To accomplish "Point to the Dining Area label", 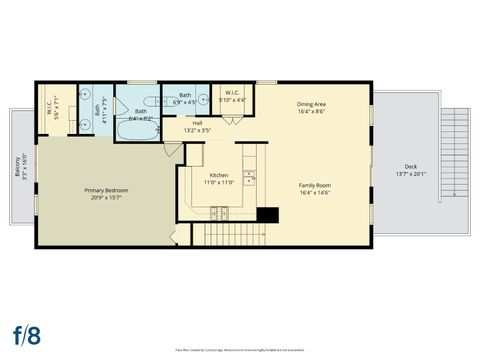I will click(312, 104).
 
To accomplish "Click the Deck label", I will click(410, 166).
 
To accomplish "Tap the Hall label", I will click(197, 123).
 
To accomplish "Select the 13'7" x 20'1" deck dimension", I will click(410, 174).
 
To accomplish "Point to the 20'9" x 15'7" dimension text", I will click(105, 196).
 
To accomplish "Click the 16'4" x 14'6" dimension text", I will click(315, 192).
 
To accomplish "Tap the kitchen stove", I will click(219, 212).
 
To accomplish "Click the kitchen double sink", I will click(249, 180).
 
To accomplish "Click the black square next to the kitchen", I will click(266, 214).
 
